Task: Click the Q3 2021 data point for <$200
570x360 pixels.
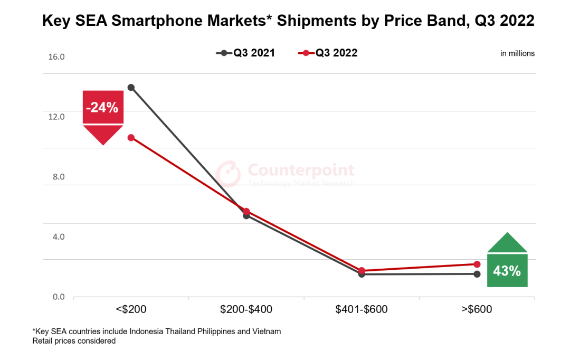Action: [x=131, y=88]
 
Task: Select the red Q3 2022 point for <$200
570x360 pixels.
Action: [x=131, y=138]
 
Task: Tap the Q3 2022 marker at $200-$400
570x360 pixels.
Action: [x=246, y=211]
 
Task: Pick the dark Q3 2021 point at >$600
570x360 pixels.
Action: [x=477, y=274]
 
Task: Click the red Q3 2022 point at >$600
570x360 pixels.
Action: [x=477, y=264]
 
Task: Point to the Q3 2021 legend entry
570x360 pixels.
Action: [x=245, y=53]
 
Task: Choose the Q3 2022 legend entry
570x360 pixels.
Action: [x=328, y=53]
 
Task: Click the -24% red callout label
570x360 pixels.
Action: [x=102, y=108]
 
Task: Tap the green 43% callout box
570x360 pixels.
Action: [x=507, y=271]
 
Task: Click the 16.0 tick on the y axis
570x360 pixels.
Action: [x=56, y=57]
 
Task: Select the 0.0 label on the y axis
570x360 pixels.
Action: [x=58, y=297]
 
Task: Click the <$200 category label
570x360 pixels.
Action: [x=131, y=309]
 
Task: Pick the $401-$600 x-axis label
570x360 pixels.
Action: [x=362, y=309]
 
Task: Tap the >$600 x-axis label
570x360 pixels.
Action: [x=477, y=309]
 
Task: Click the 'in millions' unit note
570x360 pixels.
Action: [x=517, y=53]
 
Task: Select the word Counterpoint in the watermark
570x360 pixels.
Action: [x=301, y=170]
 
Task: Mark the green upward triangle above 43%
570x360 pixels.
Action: [x=507, y=243]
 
